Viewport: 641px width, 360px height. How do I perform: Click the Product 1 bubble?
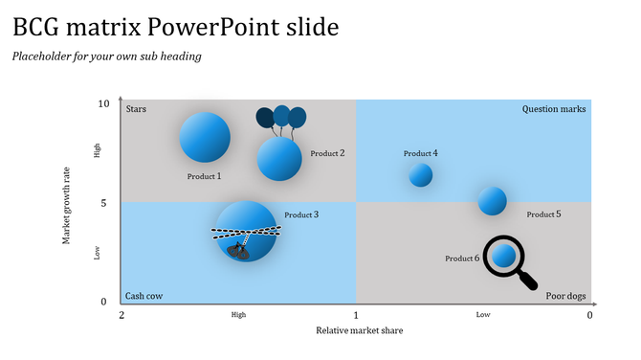tap(205, 137)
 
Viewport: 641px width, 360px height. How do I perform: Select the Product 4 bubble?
tap(421, 175)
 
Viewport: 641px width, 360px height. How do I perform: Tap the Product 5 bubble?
tap(493, 201)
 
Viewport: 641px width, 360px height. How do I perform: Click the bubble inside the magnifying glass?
tap(503, 256)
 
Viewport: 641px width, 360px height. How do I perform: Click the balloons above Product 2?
tap(280, 118)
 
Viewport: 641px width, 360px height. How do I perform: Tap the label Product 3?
tap(301, 214)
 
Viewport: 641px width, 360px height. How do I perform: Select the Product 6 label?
tap(462, 259)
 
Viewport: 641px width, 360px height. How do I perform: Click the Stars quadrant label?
tap(136, 109)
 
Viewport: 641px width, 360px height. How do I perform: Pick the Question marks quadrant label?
tap(554, 109)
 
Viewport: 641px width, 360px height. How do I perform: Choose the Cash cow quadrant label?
tap(144, 296)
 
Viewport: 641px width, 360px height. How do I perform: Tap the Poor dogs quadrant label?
tap(565, 296)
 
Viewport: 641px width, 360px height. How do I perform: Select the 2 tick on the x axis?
tap(122, 315)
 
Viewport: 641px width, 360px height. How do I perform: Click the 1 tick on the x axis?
tap(356, 315)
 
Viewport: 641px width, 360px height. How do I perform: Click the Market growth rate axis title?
tap(67, 202)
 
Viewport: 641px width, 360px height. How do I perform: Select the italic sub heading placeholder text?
tap(106, 56)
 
